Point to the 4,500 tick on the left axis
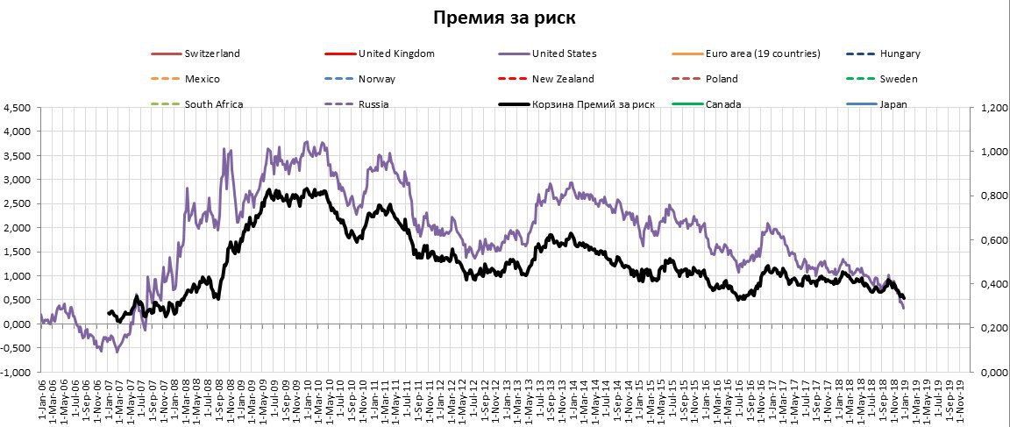pos(18,109)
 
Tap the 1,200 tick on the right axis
pos(989,109)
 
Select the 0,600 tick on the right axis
pos(989,240)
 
